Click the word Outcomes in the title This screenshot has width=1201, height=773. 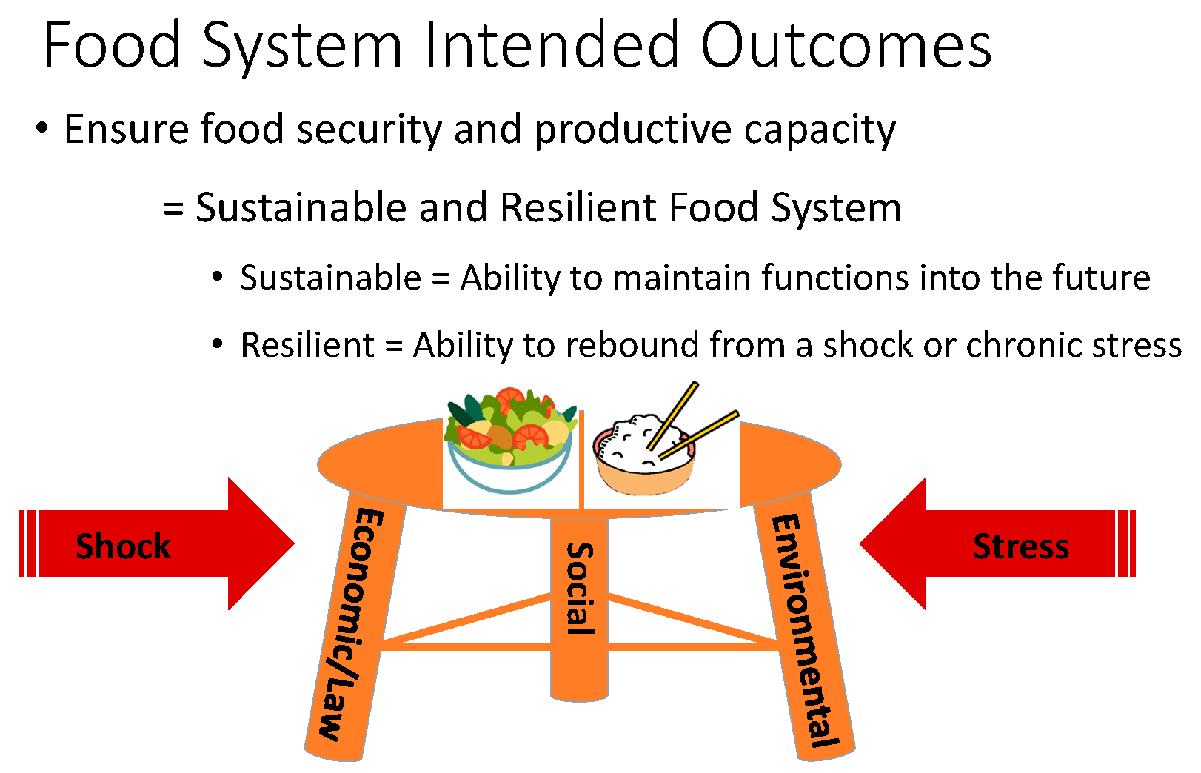[x=846, y=46]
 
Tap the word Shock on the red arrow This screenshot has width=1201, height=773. [x=123, y=546]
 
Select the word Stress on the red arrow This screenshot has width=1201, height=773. [x=1020, y=546]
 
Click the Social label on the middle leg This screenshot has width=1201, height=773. [x=580, y=589]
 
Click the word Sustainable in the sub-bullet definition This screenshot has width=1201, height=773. [x=330, y=278]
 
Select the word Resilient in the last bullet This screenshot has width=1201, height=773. [x=307, y=346]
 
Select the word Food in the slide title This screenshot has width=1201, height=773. [x=112, y=46]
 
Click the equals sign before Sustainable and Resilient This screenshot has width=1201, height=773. [x=173, y=209]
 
